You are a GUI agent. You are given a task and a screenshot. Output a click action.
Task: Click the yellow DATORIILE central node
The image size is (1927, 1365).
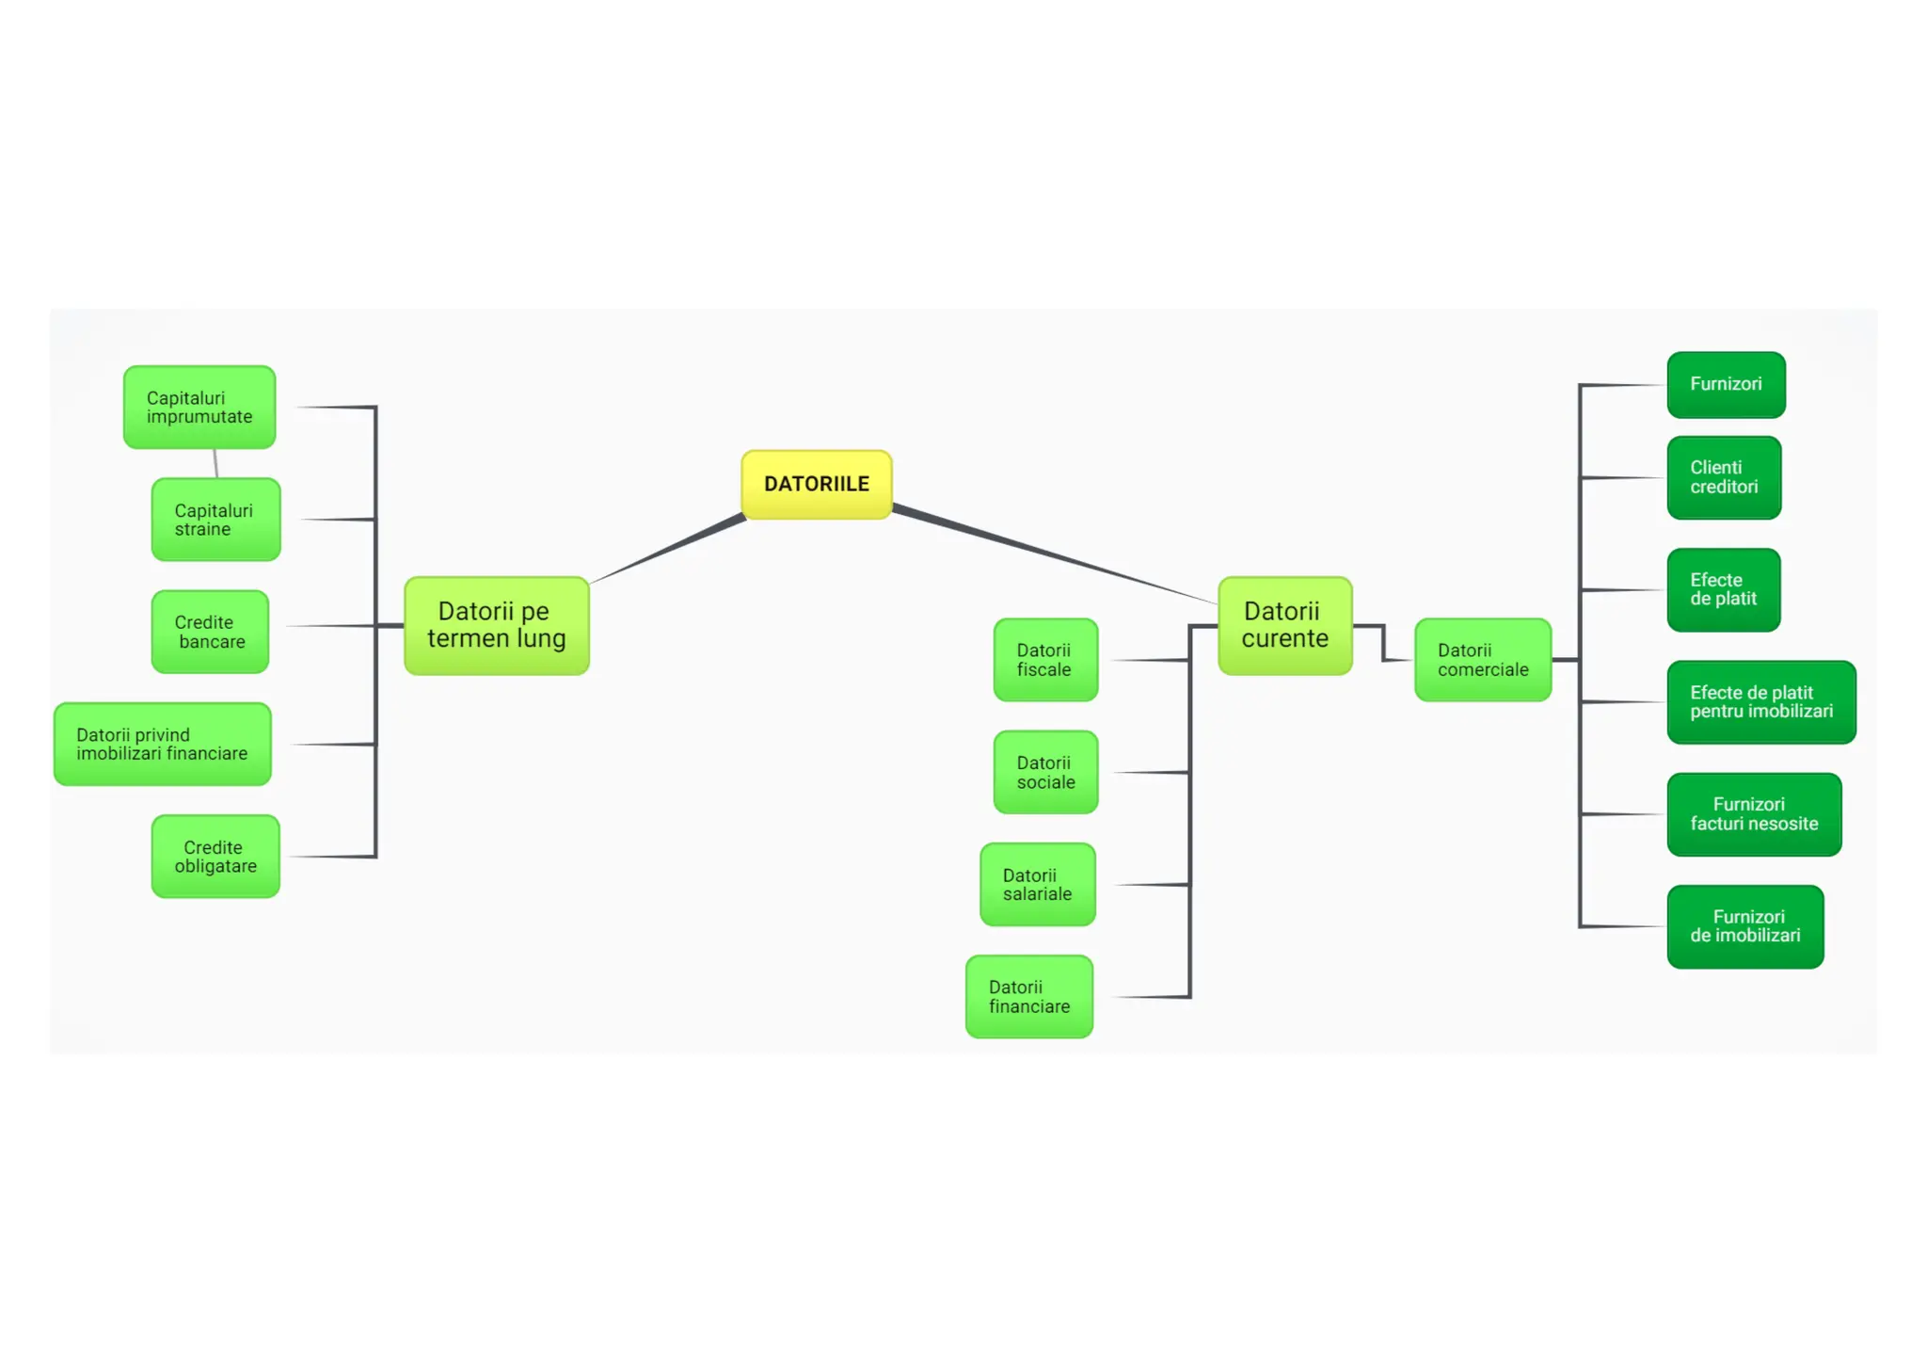coord(816,484)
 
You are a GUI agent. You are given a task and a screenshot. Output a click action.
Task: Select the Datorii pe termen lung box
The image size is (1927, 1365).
coord(496,625)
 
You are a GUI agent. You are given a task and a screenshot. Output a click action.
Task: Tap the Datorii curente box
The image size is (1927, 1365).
coord(1284,625)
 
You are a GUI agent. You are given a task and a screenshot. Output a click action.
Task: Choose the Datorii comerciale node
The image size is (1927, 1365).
coord(1482,660)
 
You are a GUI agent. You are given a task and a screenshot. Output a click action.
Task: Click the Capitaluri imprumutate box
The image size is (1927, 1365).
coord(199,407)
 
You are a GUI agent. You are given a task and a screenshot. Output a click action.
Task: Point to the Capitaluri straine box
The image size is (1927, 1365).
coord(215,520)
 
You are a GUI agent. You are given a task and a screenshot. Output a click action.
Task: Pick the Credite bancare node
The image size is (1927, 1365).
coord(210,632)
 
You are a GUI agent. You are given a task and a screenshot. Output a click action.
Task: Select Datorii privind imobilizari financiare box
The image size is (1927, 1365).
coord(162,744)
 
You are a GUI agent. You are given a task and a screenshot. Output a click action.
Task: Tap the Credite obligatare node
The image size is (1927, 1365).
coord(215,857)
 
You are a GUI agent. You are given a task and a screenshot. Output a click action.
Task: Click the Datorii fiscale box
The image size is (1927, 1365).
coord(1045,660)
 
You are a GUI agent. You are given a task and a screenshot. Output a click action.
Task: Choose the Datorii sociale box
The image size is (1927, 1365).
coord(1045,772)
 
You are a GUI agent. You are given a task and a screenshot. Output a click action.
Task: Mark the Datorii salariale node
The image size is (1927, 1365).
coord(1037,885)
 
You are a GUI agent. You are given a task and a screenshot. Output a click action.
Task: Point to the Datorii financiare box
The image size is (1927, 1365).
coord(1029,997)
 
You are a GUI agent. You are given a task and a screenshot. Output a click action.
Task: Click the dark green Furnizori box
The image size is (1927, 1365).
coord(1726,384)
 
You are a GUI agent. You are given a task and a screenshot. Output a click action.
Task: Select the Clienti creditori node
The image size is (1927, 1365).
coord(1724,477)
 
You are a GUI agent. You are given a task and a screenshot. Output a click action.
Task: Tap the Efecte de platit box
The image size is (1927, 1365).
coord(1723,589)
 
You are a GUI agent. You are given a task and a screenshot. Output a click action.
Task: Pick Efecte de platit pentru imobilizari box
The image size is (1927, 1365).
coord(1761,702)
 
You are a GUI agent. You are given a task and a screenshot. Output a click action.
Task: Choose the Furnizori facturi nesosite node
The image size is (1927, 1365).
coord(1754,814)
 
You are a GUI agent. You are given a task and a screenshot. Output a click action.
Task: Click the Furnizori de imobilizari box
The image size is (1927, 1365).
coord(1745,926)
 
